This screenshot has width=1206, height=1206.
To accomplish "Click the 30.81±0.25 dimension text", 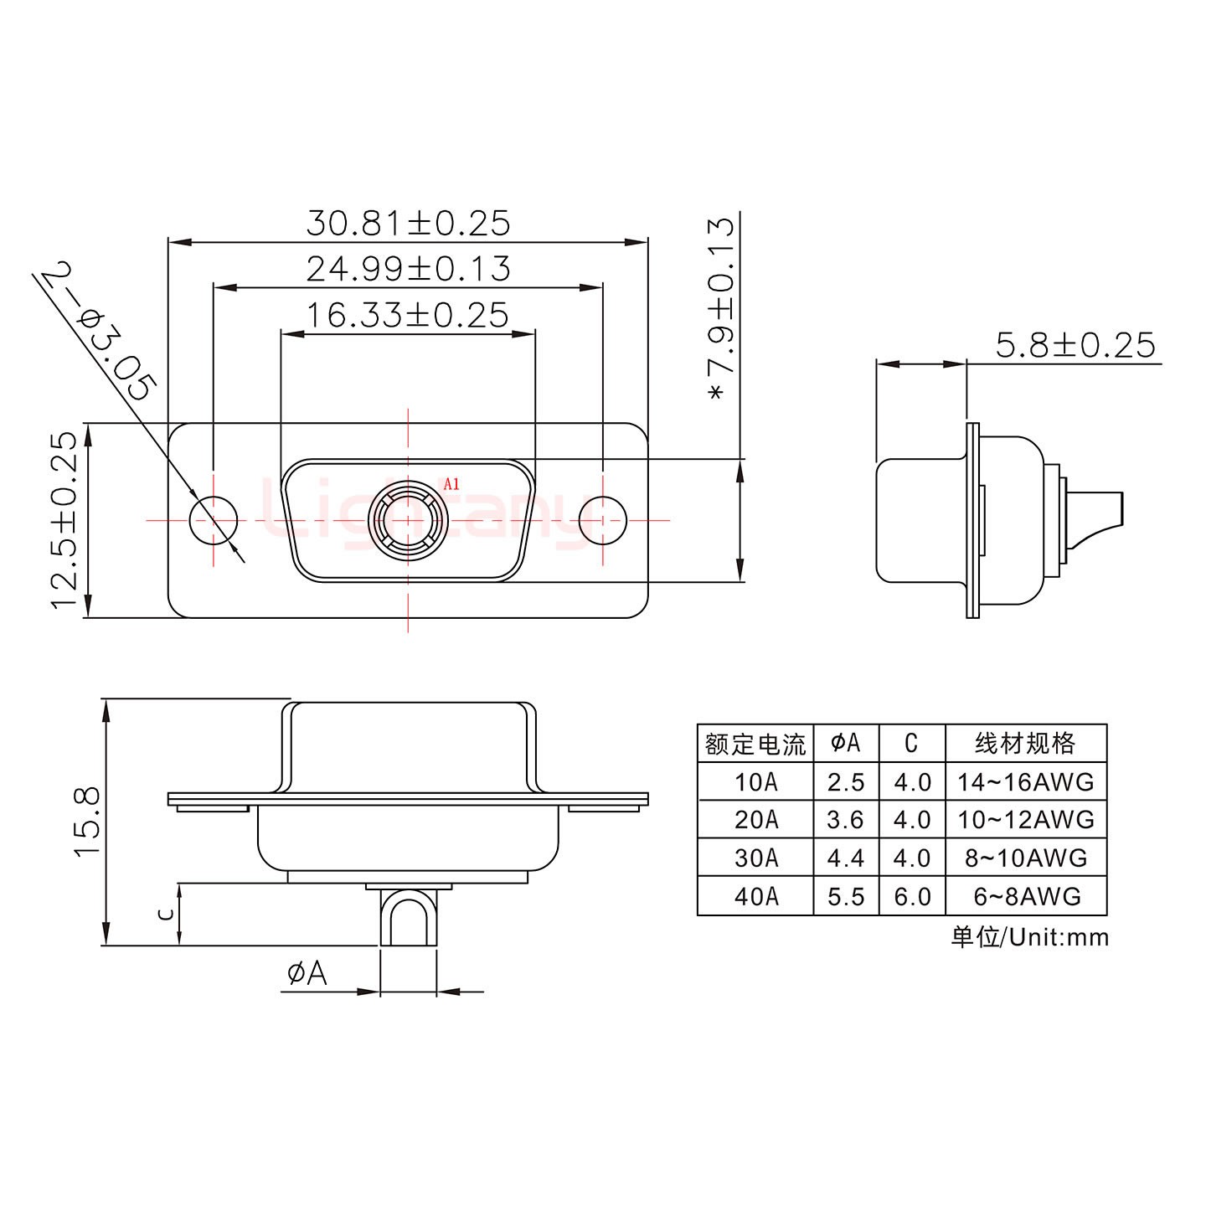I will pos(408,224).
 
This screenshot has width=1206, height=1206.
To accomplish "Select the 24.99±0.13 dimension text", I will pos(408,269).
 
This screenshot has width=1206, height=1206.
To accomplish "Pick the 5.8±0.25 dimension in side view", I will pos(1075,345).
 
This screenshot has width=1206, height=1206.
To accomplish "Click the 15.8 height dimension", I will pos(87,821).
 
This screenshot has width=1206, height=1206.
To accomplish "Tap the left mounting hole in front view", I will pos(214,520).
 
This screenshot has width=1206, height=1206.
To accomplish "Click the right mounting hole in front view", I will pos(603,520).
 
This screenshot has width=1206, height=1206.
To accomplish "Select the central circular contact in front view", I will pos(408,520).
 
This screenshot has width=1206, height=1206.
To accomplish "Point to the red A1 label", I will pos(451,483).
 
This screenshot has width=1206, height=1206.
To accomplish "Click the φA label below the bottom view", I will pos(307,973).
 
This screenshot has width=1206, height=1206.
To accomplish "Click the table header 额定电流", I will pos(755,743).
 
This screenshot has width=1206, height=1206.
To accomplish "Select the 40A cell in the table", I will pos(755,896).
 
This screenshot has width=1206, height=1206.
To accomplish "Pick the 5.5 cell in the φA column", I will pos(846,896).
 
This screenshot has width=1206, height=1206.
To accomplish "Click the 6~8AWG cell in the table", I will pos(1027,896).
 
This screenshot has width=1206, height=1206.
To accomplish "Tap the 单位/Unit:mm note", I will pos(1029,937).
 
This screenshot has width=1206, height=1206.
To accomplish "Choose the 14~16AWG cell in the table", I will pos(1027,782).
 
